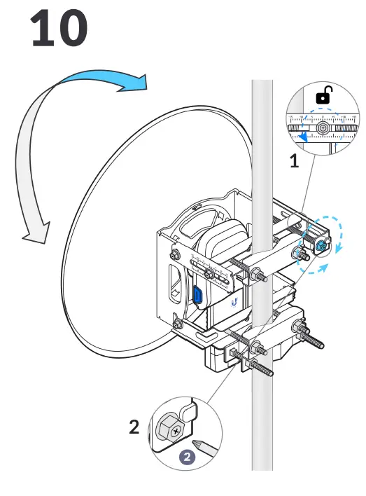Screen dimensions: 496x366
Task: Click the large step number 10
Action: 59,29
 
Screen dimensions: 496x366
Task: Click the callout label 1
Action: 295,162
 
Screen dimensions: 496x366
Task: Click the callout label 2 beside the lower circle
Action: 134,427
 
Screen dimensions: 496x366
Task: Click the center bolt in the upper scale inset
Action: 323,129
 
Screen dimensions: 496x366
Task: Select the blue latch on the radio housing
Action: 199,295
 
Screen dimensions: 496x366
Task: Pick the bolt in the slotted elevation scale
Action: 209,273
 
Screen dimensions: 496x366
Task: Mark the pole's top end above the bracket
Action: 262,88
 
